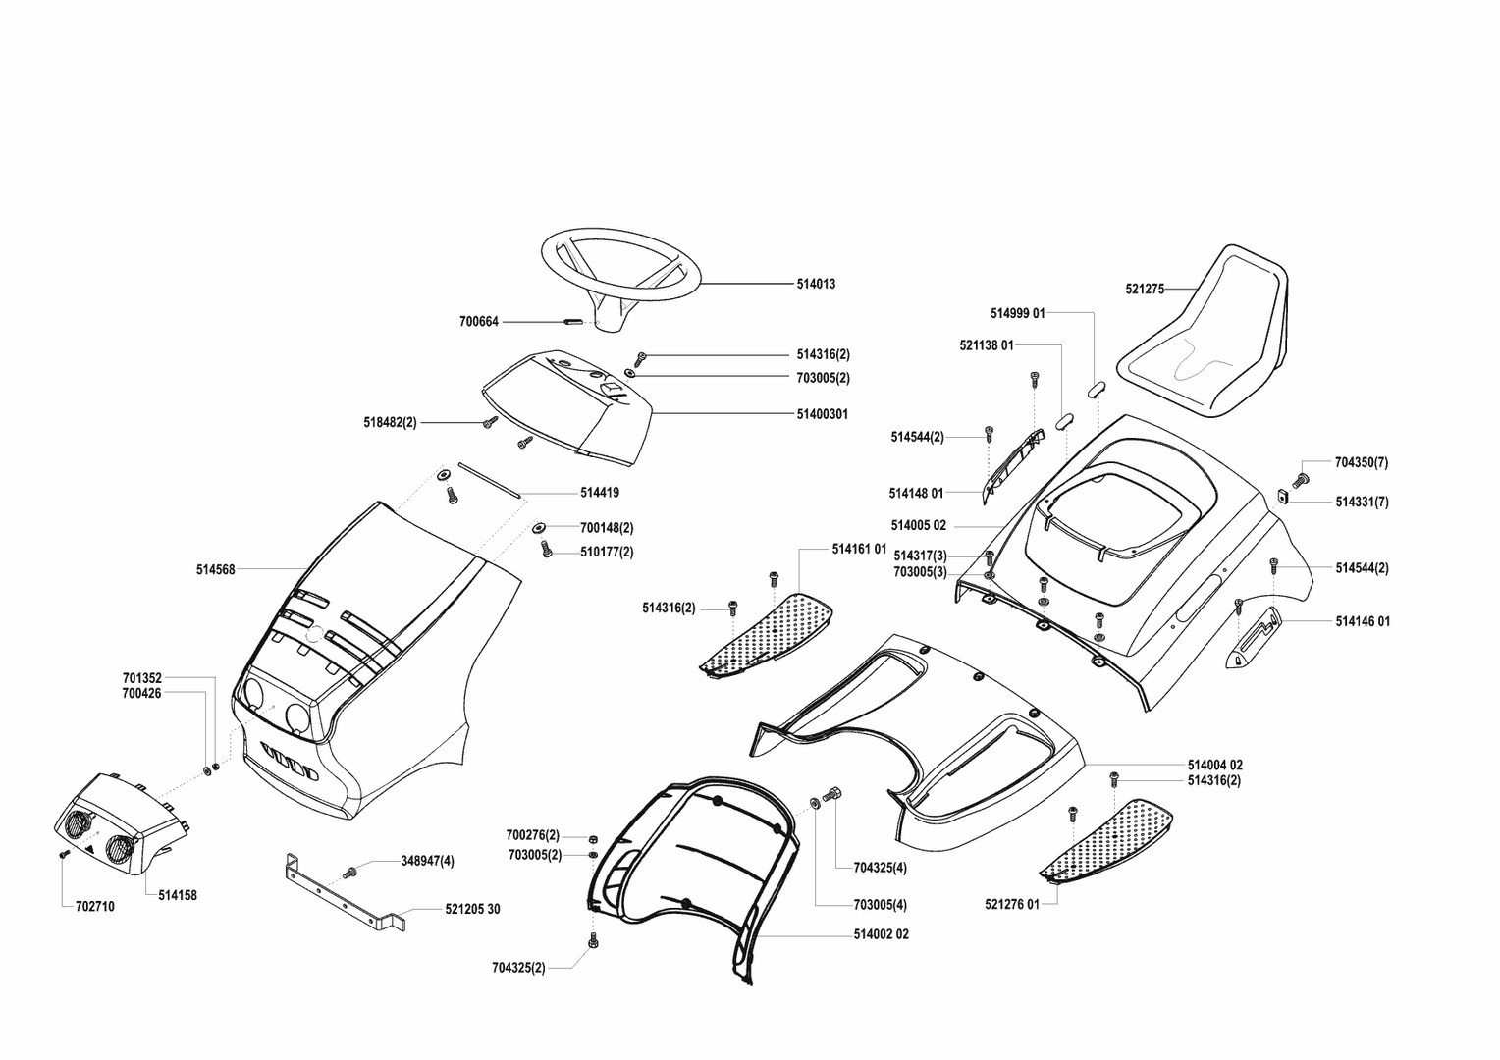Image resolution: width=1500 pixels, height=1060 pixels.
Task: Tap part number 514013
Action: coord(816,284)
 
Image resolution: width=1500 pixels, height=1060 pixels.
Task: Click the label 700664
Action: coord(479,322)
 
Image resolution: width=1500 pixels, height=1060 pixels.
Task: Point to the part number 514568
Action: coord(215,569)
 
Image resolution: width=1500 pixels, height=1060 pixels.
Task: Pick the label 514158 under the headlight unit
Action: coord(177,895)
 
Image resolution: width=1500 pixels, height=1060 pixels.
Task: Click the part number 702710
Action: coord(94,907)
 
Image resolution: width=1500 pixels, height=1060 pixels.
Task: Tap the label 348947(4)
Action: coord(427,861)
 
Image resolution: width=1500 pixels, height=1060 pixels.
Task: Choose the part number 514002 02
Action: coord(881,934)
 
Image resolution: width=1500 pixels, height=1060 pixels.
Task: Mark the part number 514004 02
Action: coord(1214,765)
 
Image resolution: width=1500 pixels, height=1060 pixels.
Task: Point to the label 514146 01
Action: coord(1363,621)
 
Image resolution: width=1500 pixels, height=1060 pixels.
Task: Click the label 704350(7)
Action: coord(1362,462)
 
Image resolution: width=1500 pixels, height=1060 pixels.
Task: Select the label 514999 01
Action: coord(1018,313)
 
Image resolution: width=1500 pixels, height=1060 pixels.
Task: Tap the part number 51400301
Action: coord(823,414)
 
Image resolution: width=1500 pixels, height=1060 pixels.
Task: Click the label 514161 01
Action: coord(859,548)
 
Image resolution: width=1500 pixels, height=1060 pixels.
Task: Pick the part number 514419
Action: coord(599,493)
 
